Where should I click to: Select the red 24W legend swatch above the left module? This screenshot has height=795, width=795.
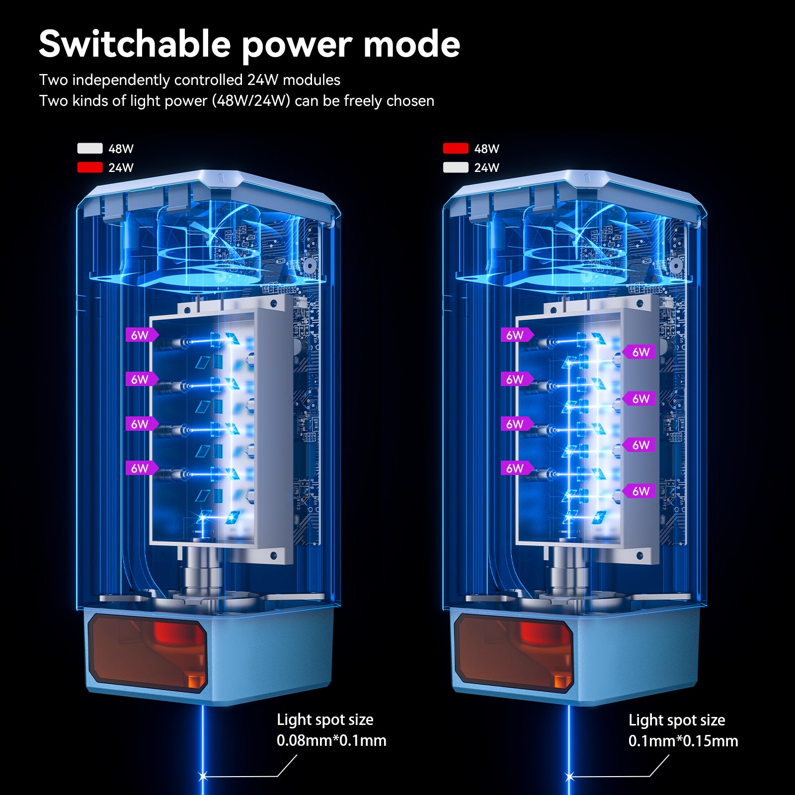(90, 167)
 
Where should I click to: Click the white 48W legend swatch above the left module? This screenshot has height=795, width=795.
(90, 149)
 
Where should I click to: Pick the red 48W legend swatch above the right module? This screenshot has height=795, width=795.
(456, 149)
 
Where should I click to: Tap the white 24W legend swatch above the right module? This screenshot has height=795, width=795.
(456, 167)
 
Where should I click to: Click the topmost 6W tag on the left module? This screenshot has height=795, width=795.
(141, 335)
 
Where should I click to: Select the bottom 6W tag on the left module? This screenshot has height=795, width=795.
(141, 468)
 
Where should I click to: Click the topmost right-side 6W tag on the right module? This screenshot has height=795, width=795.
(639, 352)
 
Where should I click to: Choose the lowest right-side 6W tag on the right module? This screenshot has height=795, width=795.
(639, 491)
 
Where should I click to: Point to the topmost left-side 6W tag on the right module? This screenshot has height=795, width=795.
(516, 335)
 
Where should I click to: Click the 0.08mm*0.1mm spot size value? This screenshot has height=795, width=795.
(331, 740)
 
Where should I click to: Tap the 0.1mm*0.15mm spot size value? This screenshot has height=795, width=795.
(683, 741)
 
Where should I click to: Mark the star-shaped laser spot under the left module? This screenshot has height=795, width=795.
(203, 776)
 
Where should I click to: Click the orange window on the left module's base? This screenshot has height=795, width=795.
(148, 652)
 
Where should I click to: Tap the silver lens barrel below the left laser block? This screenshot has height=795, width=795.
(203, 571)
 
